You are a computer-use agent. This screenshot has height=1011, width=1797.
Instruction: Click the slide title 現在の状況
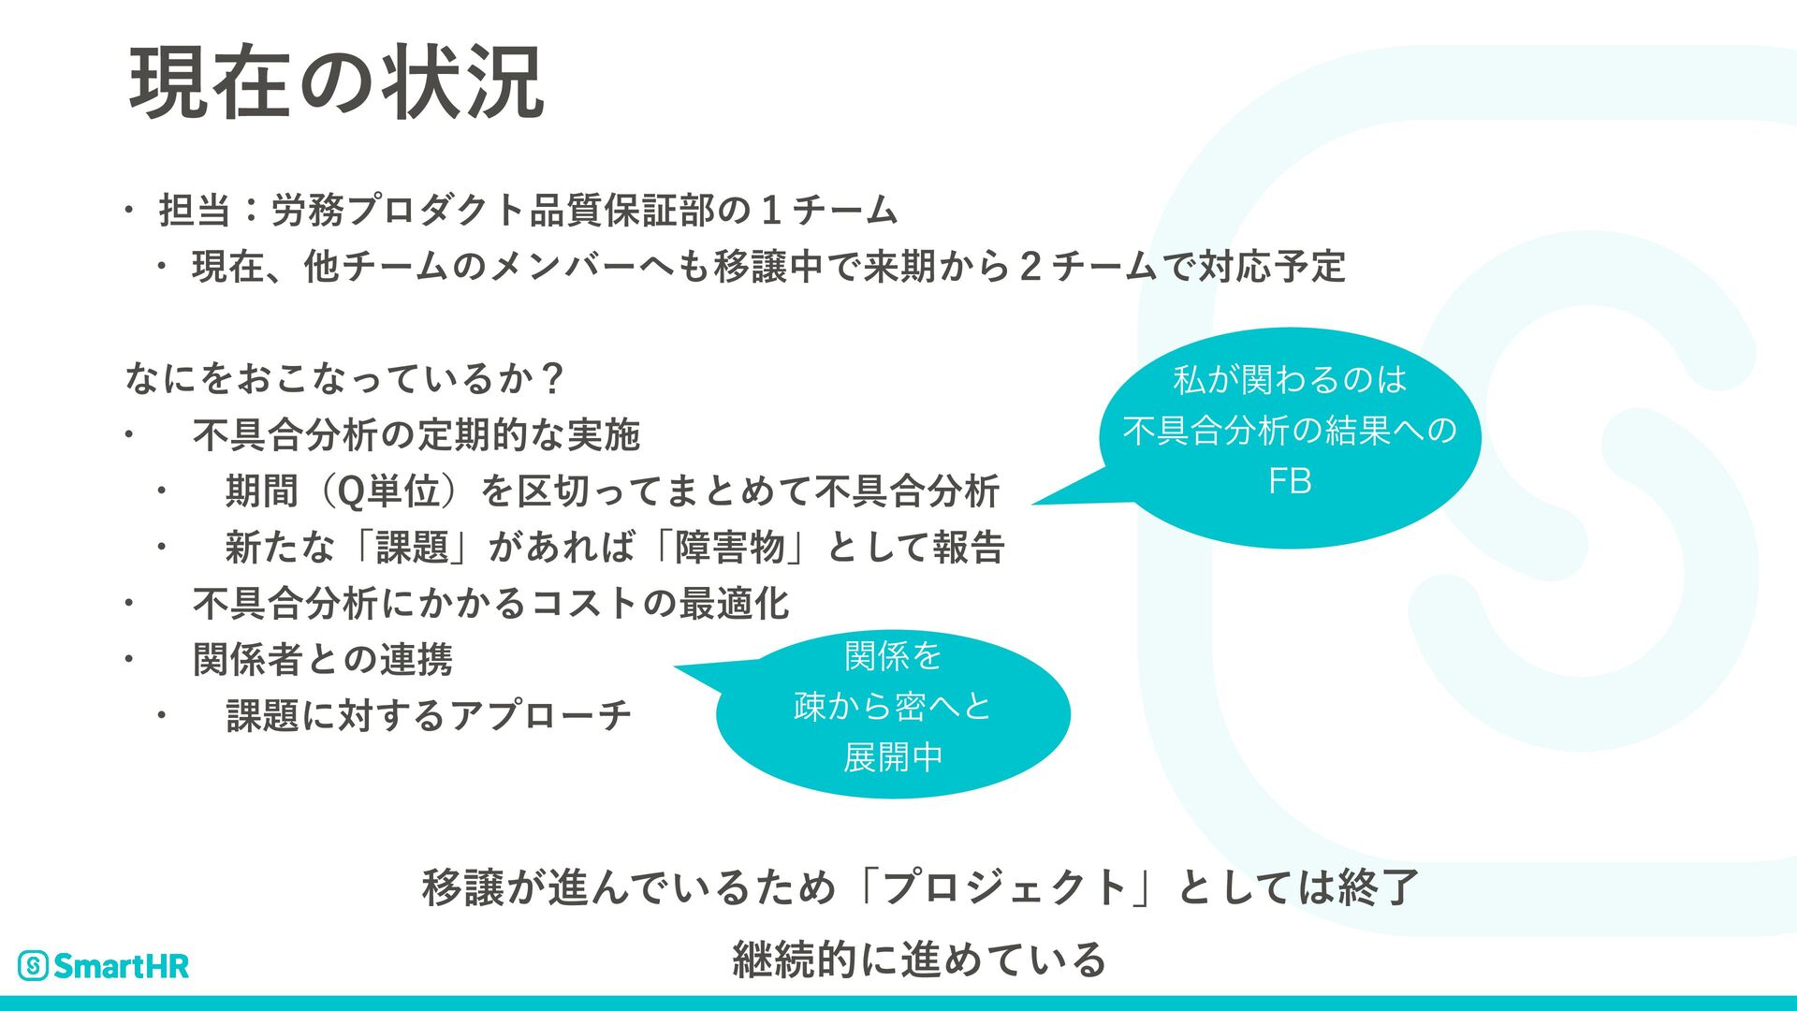[337, 82]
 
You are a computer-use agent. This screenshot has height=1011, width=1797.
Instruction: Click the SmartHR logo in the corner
[104, 965]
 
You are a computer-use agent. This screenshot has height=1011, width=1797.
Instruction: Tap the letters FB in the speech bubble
[1289, 481]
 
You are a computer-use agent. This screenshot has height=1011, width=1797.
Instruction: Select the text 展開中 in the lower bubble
[893, 756]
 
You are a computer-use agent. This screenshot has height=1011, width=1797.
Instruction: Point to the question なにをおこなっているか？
[343, 378]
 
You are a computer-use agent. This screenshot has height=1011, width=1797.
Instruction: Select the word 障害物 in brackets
[730, 548]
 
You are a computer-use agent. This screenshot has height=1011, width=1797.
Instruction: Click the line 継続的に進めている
[919, 959]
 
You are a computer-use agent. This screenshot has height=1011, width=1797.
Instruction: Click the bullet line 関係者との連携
[323, 660]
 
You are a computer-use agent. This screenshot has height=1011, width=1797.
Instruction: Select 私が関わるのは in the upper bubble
[1290, 379]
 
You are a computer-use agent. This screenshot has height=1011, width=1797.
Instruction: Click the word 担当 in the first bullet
[195, 210]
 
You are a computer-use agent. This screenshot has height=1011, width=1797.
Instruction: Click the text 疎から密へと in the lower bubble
[893, 706]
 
